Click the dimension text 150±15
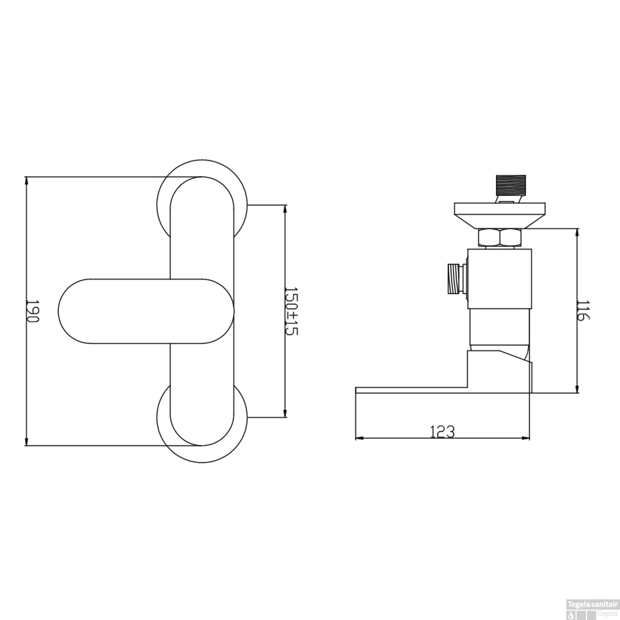pos(291,311)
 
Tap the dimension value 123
pos(442,432)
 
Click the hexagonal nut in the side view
pos(500,238)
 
